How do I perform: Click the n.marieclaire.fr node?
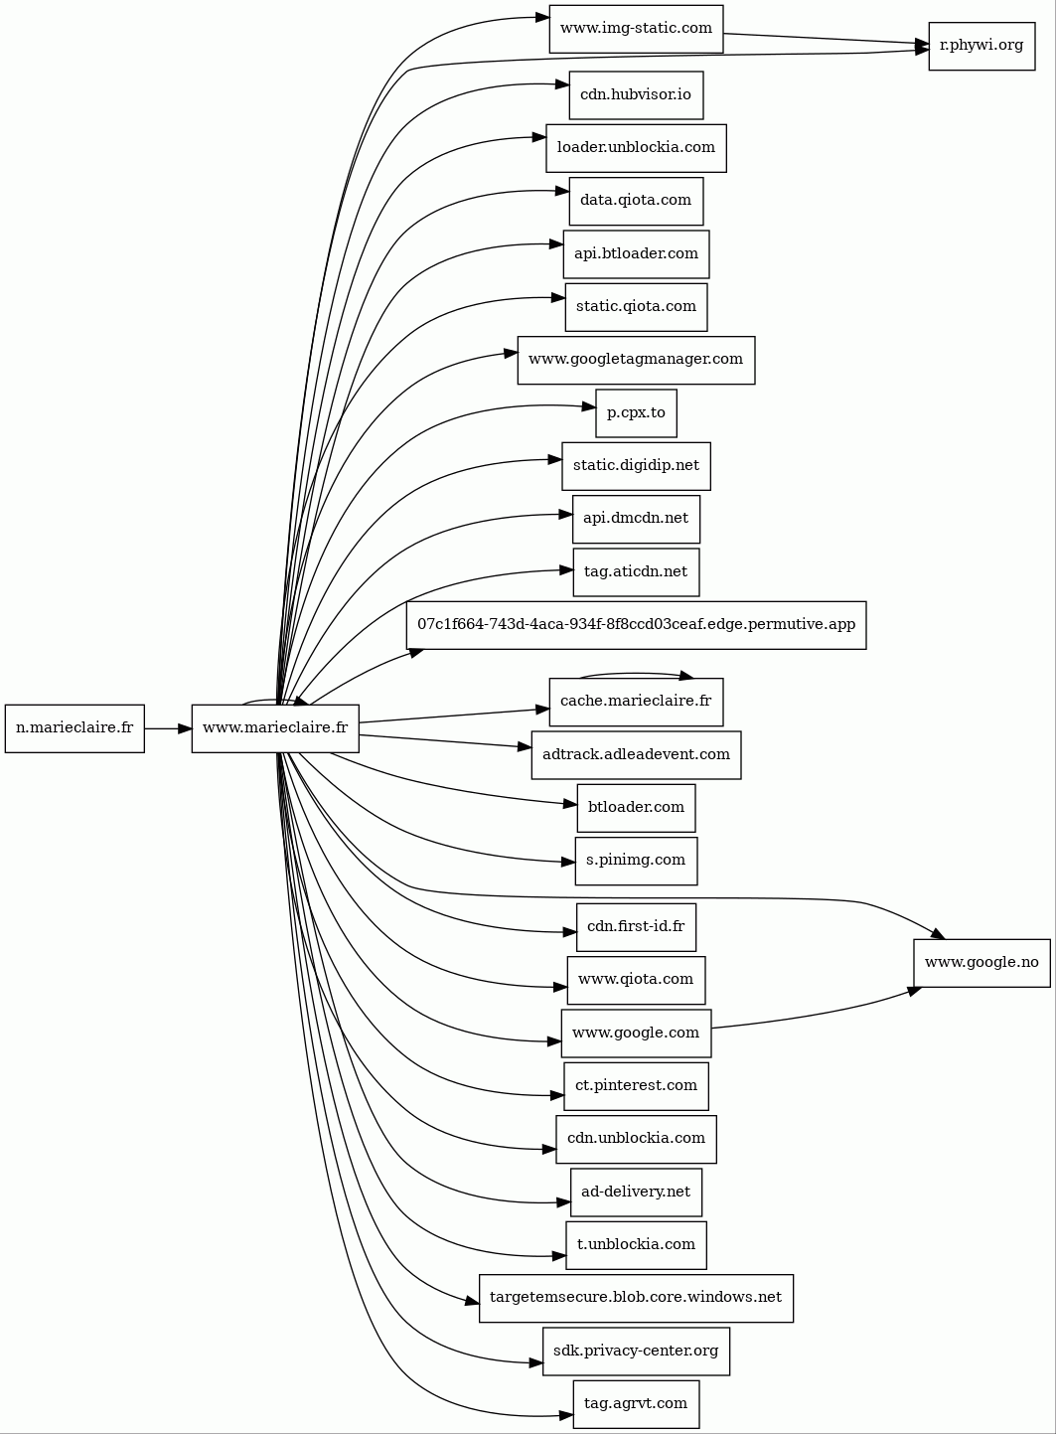(75, 728)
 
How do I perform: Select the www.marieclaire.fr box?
(275, 728)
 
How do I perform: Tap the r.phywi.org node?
(981, 46)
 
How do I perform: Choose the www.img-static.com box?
(636, 29)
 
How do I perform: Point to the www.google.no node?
(981, 963)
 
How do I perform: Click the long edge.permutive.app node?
(636, 625)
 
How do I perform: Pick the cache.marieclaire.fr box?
(636, 702)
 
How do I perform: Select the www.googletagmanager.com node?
(636, 360)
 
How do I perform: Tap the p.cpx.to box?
(636, 412)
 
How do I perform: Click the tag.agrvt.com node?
(636, 1404)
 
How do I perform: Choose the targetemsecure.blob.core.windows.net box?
(636, 1298)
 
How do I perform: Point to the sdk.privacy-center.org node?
(636, 1352)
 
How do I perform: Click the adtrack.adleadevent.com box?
(636, 755)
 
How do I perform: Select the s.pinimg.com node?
(636, 861)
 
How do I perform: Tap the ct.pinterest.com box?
(636, 1086)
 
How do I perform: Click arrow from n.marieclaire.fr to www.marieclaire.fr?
(168, 728)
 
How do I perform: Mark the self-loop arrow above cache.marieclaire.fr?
(636, 673)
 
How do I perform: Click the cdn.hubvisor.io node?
(636, 95)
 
